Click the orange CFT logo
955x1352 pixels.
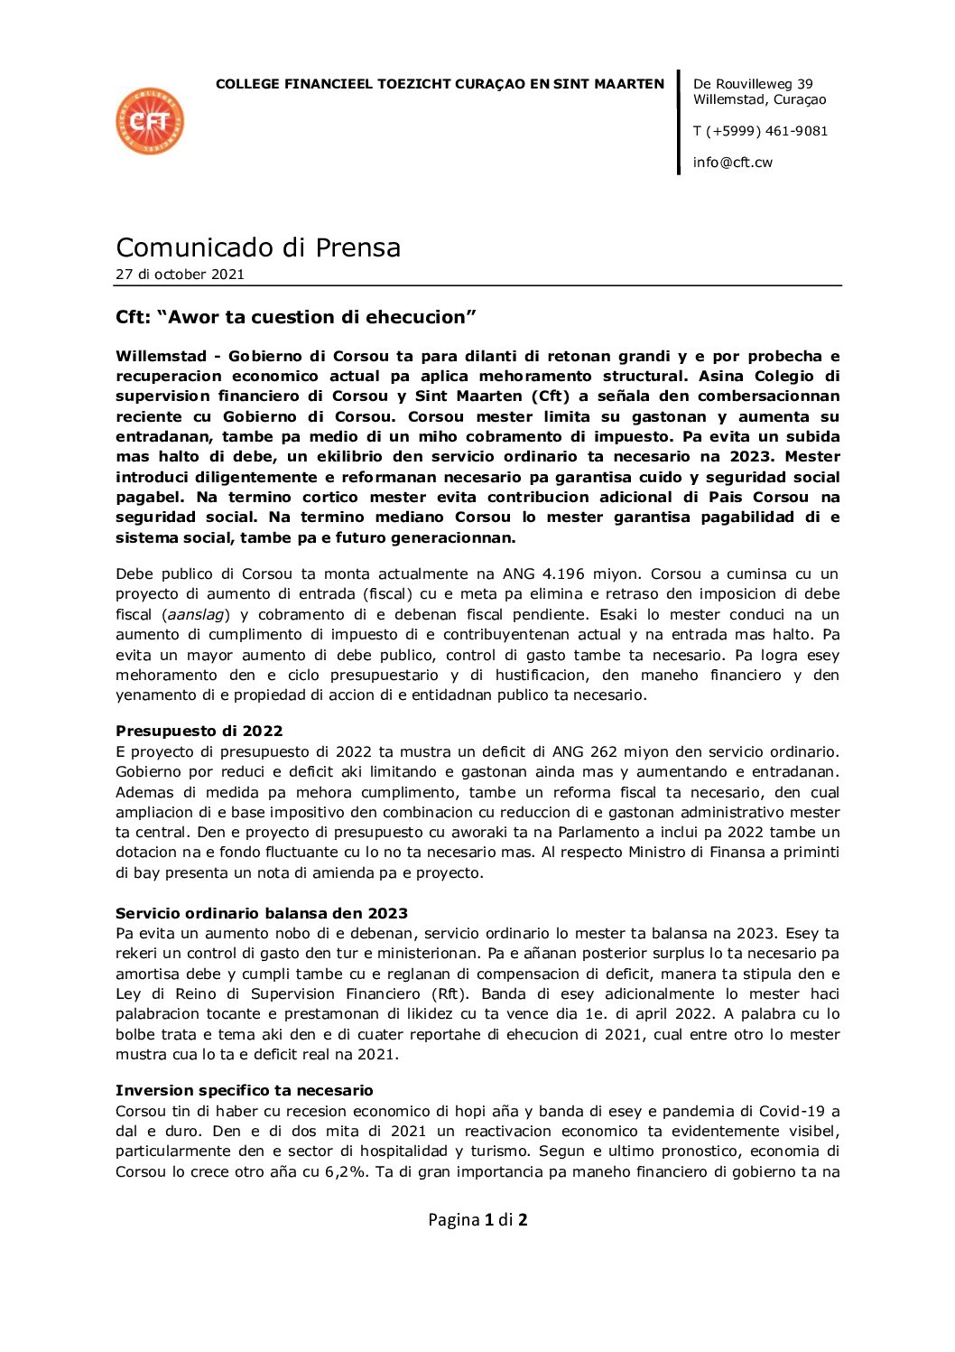point(150,121)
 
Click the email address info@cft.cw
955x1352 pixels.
point(732,163)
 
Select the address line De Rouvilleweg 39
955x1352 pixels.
point(753,84)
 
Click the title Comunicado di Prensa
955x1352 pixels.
point(258,247)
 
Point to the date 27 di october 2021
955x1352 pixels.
point(180,275)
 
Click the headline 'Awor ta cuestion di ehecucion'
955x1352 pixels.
point(296,317)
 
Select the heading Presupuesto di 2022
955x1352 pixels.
point(199,731)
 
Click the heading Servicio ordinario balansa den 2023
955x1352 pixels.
point(262,913)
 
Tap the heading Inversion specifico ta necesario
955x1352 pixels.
point(245,1090)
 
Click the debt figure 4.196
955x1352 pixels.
point(592,573)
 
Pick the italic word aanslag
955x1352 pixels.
point(197,614)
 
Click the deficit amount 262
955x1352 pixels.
point(604,751)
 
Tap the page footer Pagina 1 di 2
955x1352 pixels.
point(477,1219)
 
